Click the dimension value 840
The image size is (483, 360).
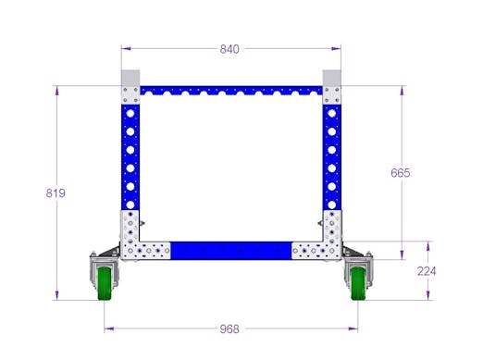click(x=229, y=49)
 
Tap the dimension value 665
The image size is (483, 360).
click(x=401, y=173)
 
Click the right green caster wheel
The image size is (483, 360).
click(x=356, y=282)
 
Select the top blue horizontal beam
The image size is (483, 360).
click(x=229, y=93)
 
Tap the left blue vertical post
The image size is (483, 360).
click(x=130, y=153)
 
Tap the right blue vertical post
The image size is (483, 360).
click(x=331, y=153)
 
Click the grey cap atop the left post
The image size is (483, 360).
click(x=130, y=78)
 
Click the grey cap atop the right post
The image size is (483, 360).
click(x=332, y=78)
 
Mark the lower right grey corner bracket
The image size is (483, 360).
click(x=324, y=240)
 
